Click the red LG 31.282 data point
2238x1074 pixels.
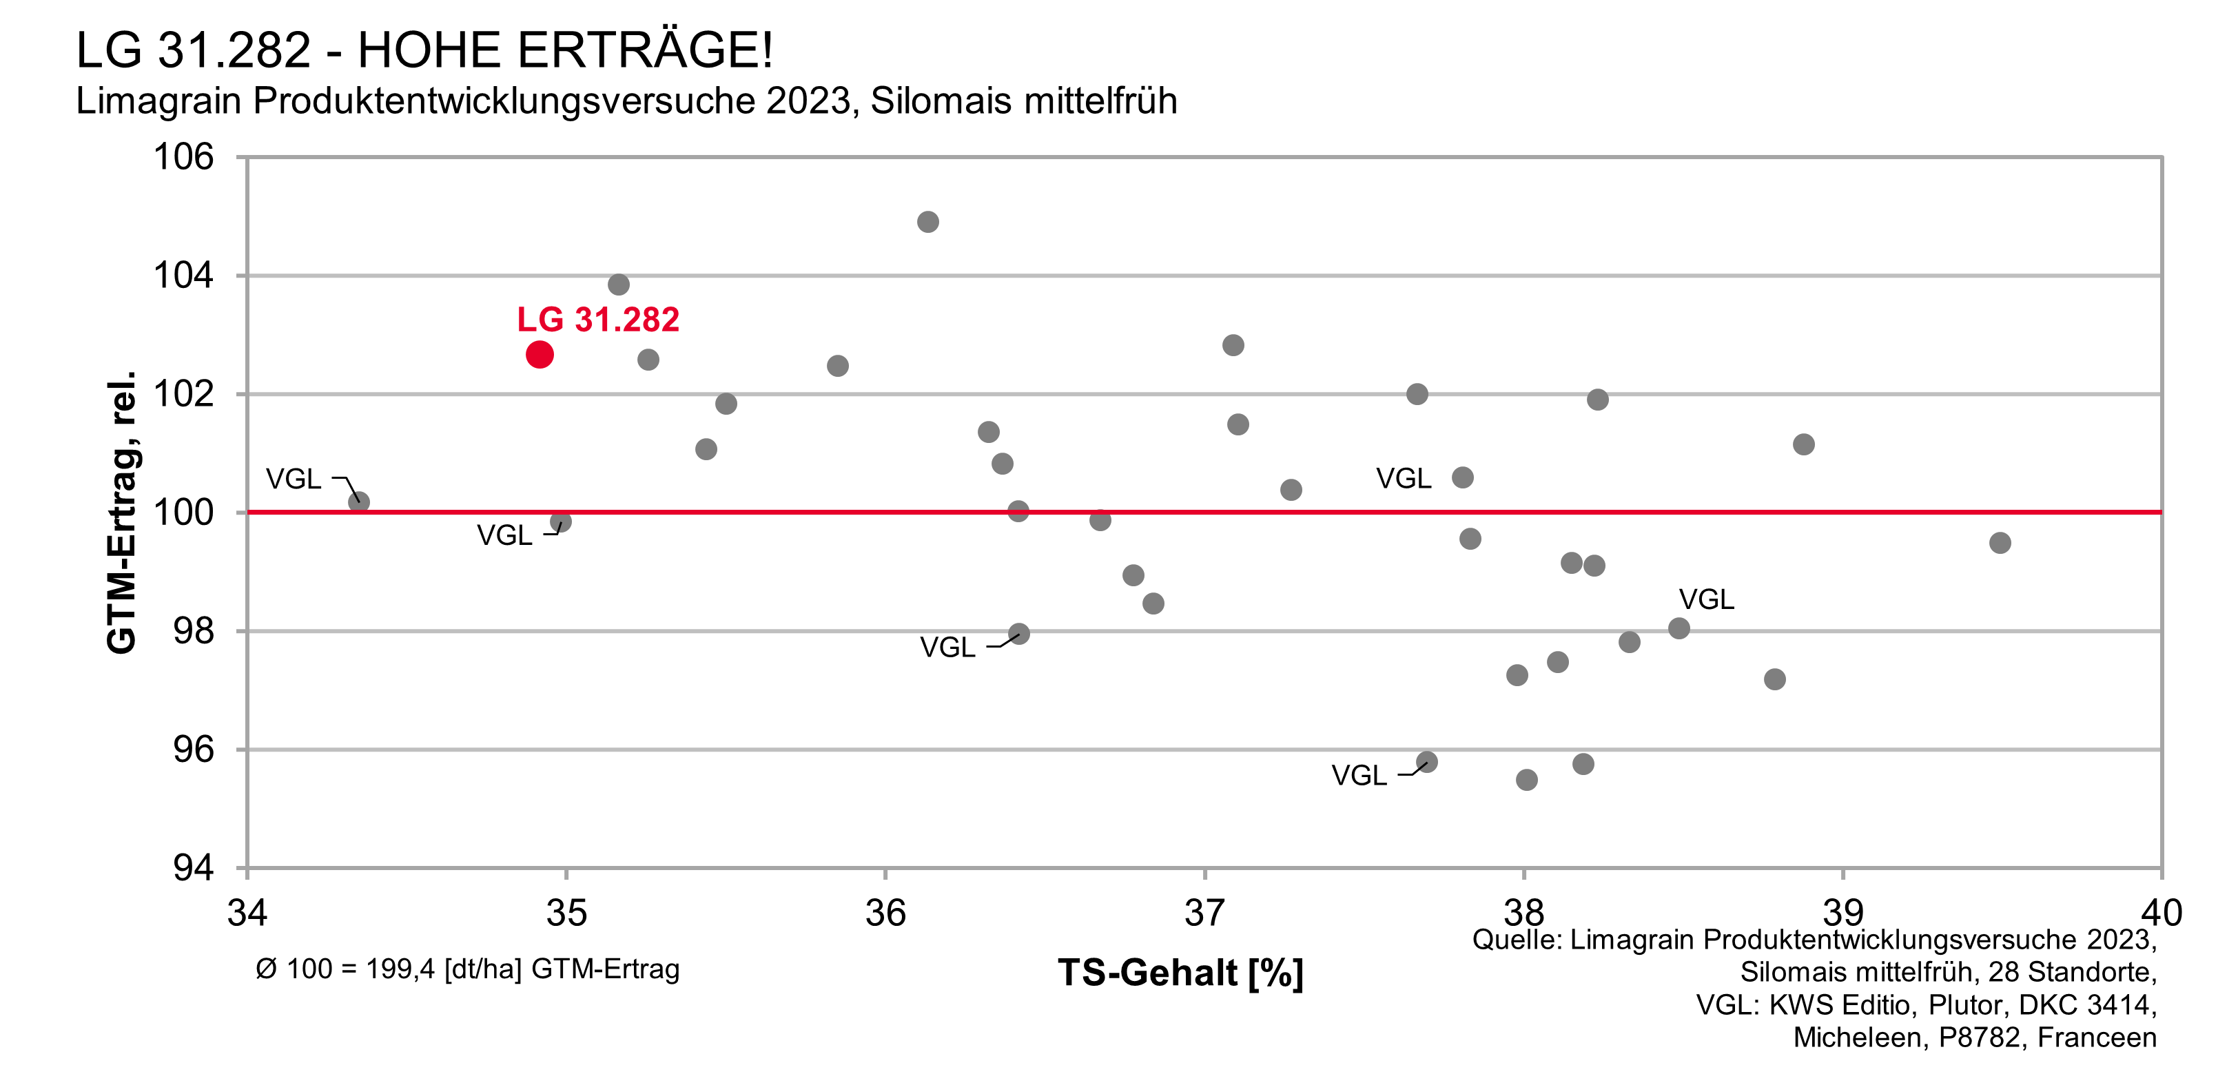540,355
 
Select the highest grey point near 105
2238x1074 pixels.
928,222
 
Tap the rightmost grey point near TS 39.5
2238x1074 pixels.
2000,543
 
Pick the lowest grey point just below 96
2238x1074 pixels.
1526,779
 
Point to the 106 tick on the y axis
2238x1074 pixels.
183,157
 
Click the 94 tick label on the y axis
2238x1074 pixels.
192,867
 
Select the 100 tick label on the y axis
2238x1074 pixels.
183,513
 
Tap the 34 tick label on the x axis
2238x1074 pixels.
247,912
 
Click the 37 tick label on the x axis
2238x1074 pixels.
1204,912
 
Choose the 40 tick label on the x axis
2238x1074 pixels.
2161,912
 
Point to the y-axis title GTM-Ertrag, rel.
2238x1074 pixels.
122,513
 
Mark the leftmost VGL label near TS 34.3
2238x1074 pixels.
293,479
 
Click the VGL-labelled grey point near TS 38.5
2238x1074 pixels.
1679,628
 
